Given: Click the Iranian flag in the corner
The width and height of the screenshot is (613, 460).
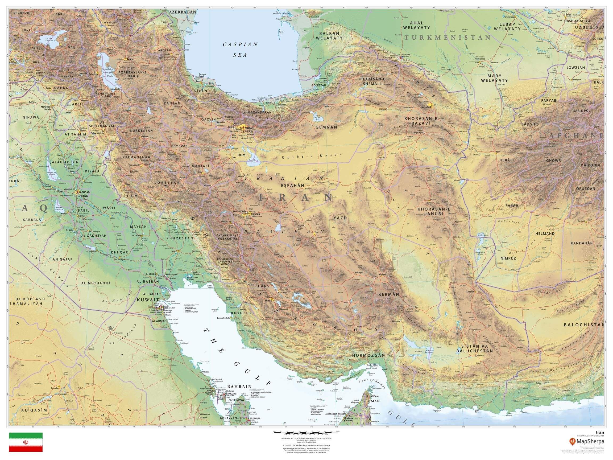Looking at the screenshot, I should click(26, 442).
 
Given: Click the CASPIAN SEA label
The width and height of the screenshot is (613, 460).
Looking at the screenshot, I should click(241, 49).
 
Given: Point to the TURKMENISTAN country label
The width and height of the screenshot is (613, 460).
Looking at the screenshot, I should click(447, 38).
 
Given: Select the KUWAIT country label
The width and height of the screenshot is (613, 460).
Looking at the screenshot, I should click(148, 300).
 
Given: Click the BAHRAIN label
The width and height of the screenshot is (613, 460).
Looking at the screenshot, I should click(239, 387).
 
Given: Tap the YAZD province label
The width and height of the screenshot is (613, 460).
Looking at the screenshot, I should click(340, 218).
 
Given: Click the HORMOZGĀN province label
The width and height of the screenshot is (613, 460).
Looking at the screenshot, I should click(368, 355).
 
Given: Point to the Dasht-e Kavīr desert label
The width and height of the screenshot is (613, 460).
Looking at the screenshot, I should click(311, 157).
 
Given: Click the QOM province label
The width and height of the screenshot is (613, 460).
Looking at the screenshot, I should click(241, 155).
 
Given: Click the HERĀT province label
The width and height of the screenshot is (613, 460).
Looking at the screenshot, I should click(506, 160).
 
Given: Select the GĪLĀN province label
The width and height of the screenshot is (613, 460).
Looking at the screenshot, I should click(200, 91).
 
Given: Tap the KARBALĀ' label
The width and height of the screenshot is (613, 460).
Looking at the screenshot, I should click(33, 220).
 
